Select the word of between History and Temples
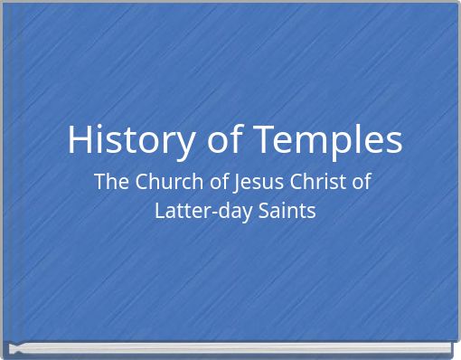(221, 140)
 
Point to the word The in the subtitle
(111, 182)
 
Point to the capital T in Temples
(264, 140)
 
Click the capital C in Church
(142, 182)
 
